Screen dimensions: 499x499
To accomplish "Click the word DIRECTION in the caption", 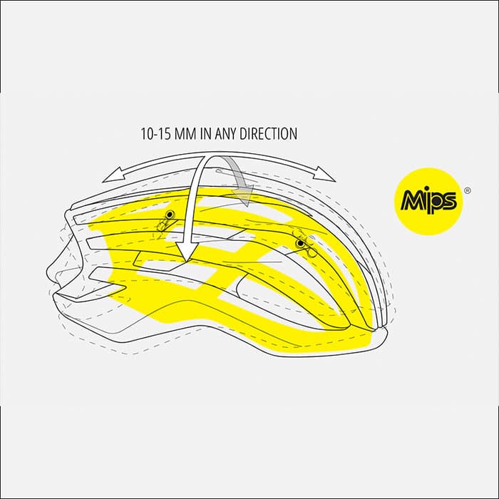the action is click(x=268, y=134).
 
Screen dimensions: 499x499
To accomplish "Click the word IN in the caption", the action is click(x=205, y=134).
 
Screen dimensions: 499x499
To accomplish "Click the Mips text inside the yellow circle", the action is click(x=429, y=202).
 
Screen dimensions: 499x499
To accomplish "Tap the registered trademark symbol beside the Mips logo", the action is click(x=467, y=191).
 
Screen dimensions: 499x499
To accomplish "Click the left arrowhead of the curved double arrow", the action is click(x=111, y=176).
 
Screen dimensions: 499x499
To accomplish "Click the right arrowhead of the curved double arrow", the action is click(x=325, y=174).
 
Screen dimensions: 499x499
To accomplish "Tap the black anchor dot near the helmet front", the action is click(x=171, y=214).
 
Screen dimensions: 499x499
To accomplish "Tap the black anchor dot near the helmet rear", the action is click(x=300, y=244).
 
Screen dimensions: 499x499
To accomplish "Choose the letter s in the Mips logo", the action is click(x=450, y=201).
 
